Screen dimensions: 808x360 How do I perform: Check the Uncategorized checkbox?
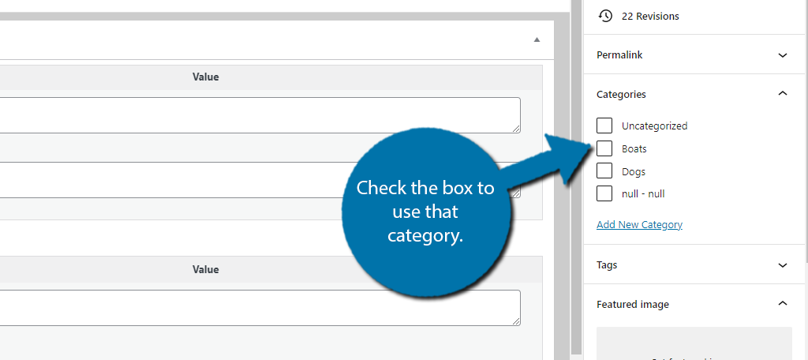604,126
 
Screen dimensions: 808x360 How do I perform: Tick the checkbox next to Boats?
604,148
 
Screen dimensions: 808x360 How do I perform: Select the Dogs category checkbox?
604,171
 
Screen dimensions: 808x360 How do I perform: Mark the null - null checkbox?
604,193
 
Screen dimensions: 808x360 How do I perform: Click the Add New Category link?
639,225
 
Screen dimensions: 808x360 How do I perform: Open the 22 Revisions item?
650,16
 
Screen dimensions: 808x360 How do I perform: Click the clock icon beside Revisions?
605,16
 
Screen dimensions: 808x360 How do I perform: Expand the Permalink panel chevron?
783,55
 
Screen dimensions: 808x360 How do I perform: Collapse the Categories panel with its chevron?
783,93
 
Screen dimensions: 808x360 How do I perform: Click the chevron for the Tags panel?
783,265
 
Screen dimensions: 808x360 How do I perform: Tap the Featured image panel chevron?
783,303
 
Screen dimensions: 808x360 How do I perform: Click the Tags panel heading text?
607,265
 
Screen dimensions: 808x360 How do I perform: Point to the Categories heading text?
622,95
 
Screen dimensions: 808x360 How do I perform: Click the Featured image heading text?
633,304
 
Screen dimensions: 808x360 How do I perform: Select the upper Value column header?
206,77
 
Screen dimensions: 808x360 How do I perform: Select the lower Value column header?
206,269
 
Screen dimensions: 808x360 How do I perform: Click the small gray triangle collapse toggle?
537,39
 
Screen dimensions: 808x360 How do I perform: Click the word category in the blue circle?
425,235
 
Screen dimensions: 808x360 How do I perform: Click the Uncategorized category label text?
654,126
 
